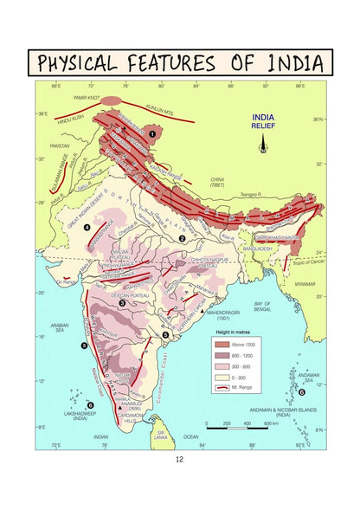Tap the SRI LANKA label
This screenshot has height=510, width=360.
coord(159,433)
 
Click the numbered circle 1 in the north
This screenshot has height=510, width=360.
coord(153,133)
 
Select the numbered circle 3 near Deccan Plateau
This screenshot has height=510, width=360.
coord(122,303)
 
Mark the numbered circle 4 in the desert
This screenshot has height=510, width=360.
coord(87,227)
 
